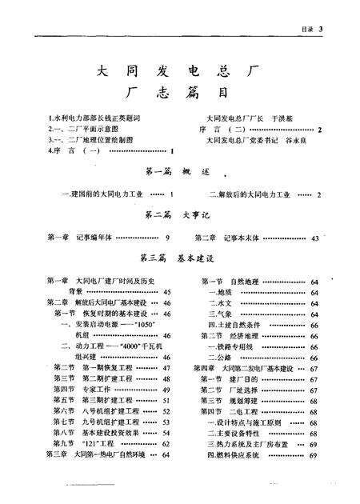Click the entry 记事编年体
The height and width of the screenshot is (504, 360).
(x=98, y=238)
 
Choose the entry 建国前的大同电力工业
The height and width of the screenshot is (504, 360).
(x=104, y=194)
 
